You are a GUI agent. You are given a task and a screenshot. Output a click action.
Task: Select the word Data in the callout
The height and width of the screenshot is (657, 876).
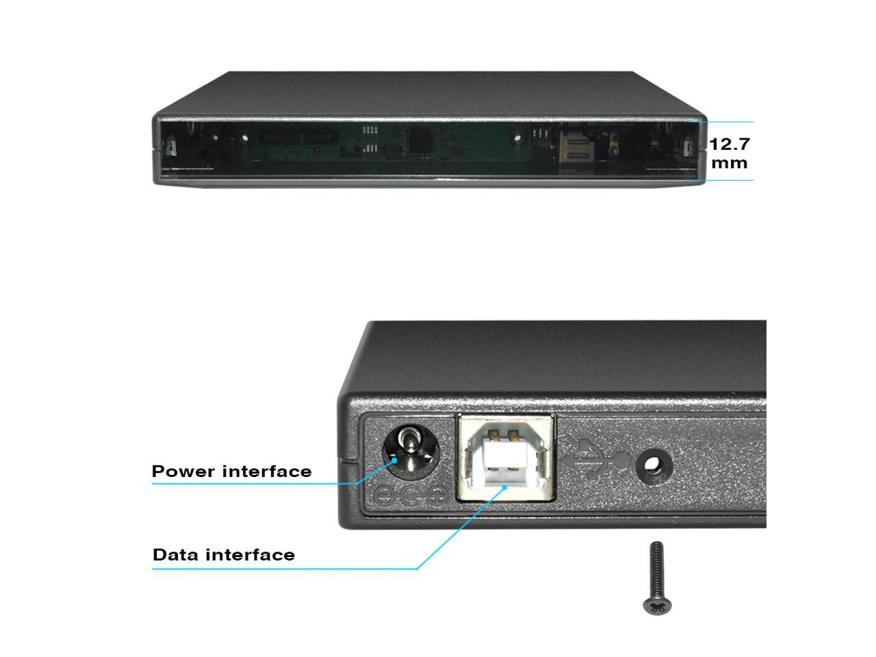pyautogui.click(x=175, y=554)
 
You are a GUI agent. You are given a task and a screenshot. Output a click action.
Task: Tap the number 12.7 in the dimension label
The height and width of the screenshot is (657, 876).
pyautogui.click(x=730, y=144)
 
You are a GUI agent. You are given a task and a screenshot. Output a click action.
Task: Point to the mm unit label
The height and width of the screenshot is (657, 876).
pyautogui.click(x=730, y=163)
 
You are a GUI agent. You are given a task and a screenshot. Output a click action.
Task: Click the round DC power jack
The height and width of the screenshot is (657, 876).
pyautogui.click(x=410, y=452)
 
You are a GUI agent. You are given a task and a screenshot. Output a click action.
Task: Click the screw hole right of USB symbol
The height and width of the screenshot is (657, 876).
pyautogui.click(x=654, y=467)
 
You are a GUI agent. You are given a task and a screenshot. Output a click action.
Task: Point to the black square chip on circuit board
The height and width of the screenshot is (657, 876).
pyautogui.click(x=419, y=141)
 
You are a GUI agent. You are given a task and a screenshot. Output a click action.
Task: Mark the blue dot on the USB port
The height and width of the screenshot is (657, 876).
pyautogui.click(x=505, y=487)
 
